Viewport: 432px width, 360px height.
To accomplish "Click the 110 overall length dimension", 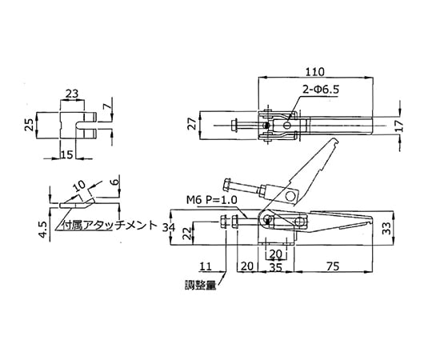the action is [x=315, y=72].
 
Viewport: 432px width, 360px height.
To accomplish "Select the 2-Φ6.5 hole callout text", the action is [x=321, y=90].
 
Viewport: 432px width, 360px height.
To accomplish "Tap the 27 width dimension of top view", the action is [x=194, y=124].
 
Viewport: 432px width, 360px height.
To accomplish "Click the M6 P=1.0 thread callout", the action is [x=211, y=200].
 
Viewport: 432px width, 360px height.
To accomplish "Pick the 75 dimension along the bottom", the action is [x=333, y=266].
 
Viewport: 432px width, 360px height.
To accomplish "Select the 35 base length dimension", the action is [x=275, y=267].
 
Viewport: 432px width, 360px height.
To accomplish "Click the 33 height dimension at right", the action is [x=387, y=228].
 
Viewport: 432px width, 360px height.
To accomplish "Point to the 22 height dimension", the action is [x=187, y=234].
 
